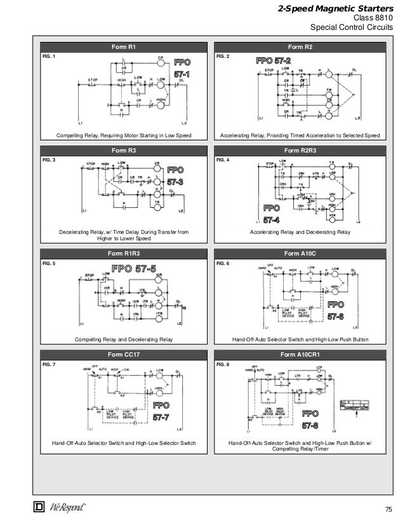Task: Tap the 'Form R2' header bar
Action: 300,47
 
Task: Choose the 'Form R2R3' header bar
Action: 300,151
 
